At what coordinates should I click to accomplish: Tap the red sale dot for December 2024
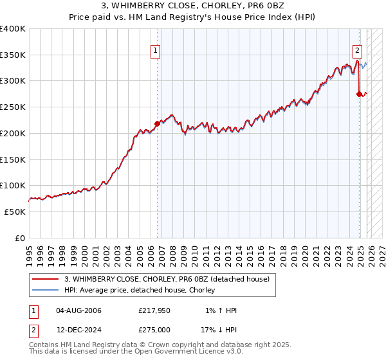point(360,94)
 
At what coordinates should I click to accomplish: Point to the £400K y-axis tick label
point(13,29)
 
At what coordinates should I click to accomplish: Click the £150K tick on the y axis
point(13,159)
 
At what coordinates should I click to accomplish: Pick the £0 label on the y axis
point(19,238)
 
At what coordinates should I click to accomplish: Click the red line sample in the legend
point(45,279)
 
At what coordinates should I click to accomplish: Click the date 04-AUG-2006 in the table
point(79,310)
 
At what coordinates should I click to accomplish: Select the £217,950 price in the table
point(155,310)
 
